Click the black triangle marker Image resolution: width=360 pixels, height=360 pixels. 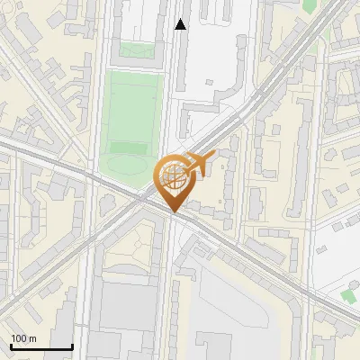[181, 25]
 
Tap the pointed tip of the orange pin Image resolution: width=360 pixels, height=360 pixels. [174, 212]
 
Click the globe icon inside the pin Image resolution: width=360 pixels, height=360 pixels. [174, 179]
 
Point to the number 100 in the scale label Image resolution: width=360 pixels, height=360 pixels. [19, 339]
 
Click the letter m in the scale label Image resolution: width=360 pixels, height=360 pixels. [32, 339]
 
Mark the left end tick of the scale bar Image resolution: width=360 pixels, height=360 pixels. [11, 346]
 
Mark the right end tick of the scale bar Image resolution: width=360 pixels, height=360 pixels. [72, 346]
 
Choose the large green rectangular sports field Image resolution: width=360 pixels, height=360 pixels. [132, 108]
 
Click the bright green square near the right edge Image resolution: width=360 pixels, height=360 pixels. [348, 295]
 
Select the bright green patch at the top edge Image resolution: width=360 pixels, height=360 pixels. [309, 4]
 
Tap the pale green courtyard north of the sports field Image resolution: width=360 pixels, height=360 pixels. [136, 50]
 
